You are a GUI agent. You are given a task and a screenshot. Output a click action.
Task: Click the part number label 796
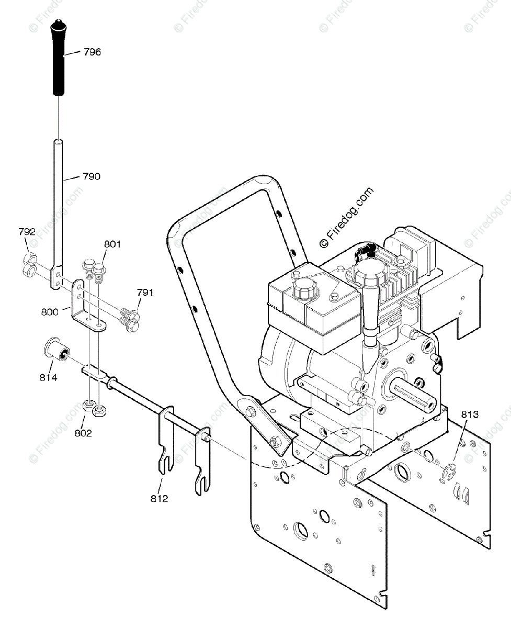92,52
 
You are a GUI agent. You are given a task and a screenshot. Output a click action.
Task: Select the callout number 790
92,176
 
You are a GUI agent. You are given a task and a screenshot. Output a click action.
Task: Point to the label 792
27,232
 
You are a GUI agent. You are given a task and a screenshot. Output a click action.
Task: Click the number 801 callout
112,244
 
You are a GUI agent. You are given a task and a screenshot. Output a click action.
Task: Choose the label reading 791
145,293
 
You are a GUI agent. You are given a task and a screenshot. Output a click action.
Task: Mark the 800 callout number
50,312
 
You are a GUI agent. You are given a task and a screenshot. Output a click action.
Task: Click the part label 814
48,377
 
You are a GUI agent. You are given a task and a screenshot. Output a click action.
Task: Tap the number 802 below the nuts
83,433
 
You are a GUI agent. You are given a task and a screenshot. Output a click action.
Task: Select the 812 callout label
159,499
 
